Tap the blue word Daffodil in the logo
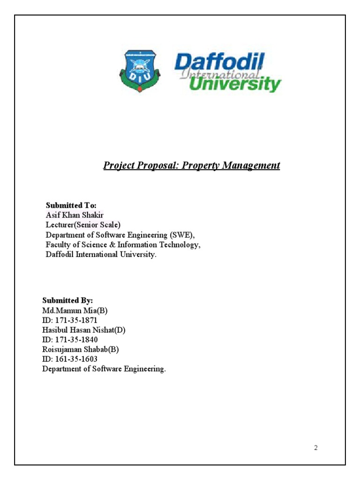click(x=219, y=62)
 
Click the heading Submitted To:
click(x=71, y=205)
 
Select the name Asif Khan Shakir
click(x=75, y=215)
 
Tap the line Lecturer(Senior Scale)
click(x=83, y=225)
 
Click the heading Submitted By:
click(x=67, y=300)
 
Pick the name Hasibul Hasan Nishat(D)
click(x=84, y=330)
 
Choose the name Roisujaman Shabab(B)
click(x=80, y=349)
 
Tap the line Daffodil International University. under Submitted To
click(x=100, y=255)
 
